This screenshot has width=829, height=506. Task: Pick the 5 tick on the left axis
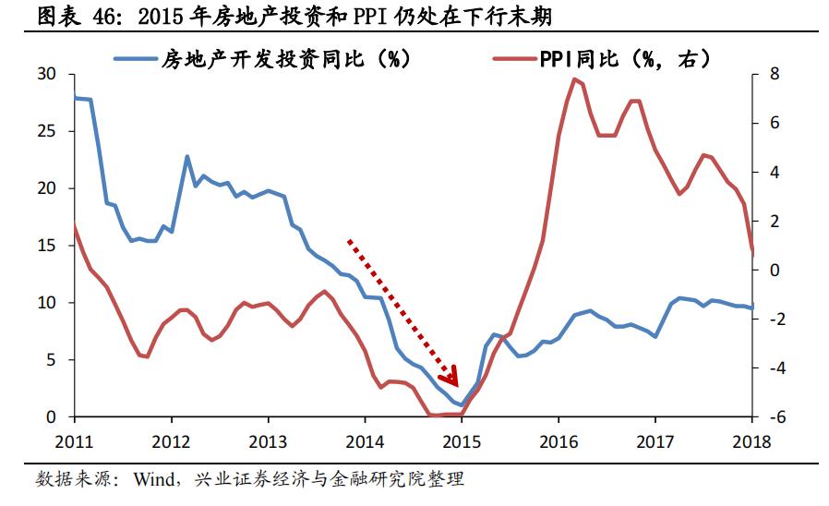tap(52, 360)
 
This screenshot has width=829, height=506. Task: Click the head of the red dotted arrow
tap(451, 379)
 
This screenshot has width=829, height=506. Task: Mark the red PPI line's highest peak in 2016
tap(574, 79)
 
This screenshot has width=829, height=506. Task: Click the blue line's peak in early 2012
tap(187, 157)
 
